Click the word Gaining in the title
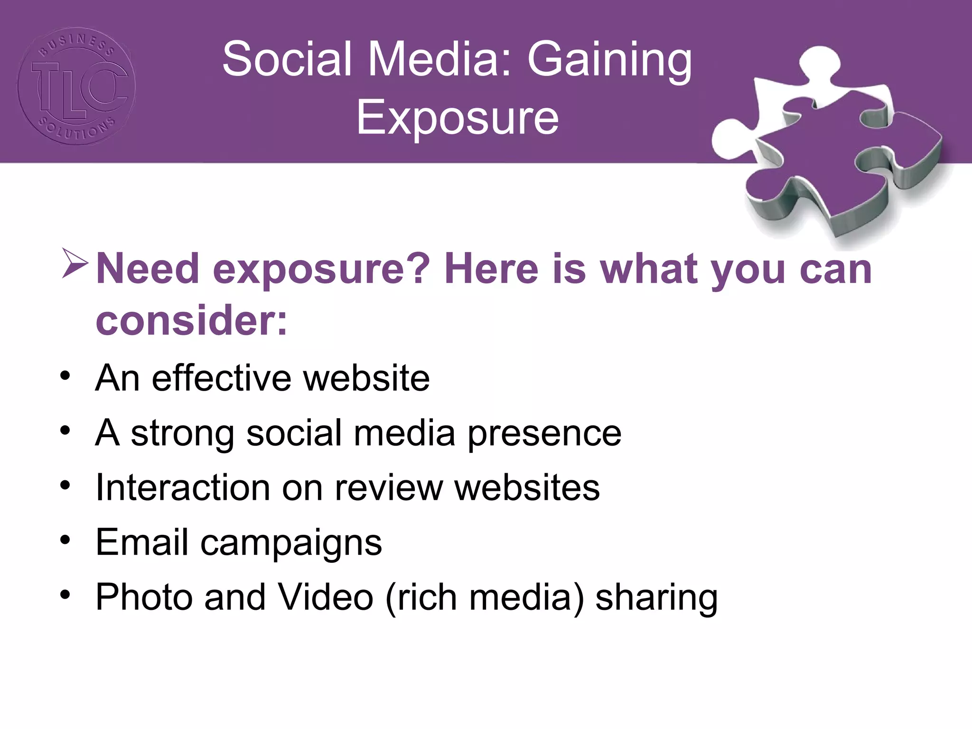(x=609, y=60)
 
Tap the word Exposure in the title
(x=458, y=117)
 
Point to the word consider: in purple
(x=192, y=321)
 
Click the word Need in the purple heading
(x=147, y=269)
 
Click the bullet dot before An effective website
(x=65, y=377)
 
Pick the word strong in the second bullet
(x=182, y=434)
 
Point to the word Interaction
(x=183, y=487)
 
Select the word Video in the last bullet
(x=326, y=597)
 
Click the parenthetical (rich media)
(x=485, y=597)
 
